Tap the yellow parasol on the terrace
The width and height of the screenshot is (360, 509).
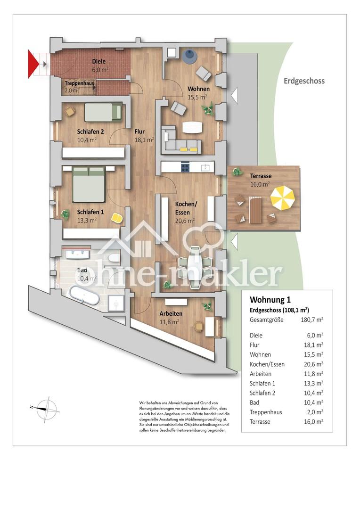click(x=283, y=198)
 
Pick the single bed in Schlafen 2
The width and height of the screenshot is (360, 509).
click(x=103, y=112)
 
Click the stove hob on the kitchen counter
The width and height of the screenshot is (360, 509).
click(x=185, y=166)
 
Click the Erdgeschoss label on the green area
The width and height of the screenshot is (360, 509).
click(x=304, y=81)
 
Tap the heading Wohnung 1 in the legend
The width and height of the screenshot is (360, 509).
click(x=270, y=300)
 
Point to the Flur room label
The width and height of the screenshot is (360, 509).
click(x=139, y=131)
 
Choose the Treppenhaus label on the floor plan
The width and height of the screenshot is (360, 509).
click(x=79, y=83)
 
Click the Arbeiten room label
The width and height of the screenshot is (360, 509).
click(x=171, y=313)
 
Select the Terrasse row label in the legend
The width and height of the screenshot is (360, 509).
click(x=260, y=422)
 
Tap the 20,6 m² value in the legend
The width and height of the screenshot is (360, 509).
click(x=313, y=364)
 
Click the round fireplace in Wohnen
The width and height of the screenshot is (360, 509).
click(x=190, y=56)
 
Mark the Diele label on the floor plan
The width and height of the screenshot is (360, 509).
click(x=98, y=61)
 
